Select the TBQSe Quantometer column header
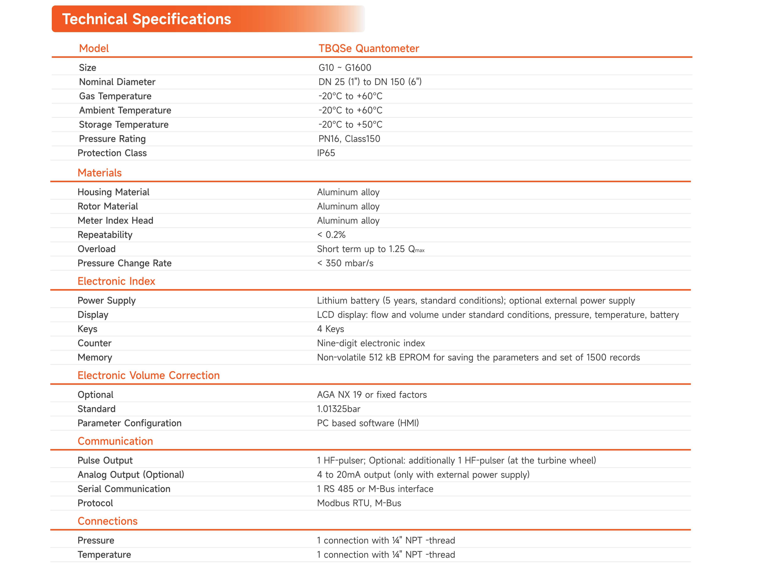click(369, 48)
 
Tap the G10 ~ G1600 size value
click(345, 68)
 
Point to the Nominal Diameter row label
click(117, 82)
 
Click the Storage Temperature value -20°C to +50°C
click(350, 124)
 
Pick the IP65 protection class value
click(326, 153)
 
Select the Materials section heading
click(100, 173)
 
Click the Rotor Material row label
click(107, 206)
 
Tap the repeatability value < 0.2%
click(331, 235)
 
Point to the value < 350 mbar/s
click(345, 263)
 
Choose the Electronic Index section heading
click(116, 281)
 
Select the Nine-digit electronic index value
click(371, 343)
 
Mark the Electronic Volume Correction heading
click(148, 375)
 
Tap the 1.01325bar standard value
click(338, 409)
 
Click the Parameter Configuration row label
click(129, 423)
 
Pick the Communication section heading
click(115, 441)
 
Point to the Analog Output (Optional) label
click(131, 475)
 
